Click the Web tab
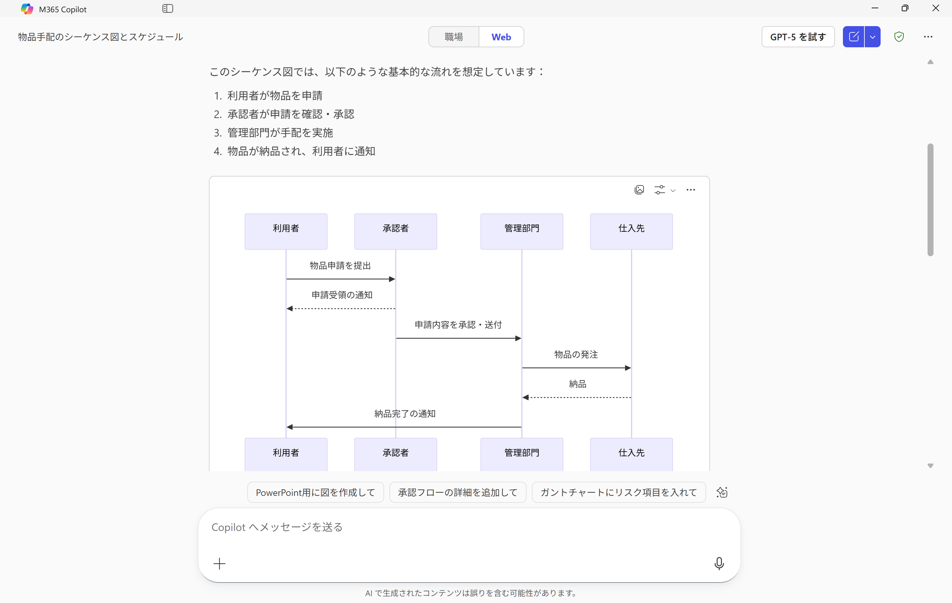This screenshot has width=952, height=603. [x=501, y=37]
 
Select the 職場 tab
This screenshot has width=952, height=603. [x=454, y=37]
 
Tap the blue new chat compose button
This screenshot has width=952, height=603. [x=853, y=37]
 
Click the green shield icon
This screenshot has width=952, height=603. [x=899, y=37]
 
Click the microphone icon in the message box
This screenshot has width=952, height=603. [x=719, y=563]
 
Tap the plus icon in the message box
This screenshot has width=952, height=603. [x=219, y=563]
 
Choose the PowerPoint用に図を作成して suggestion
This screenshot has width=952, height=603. [x=315, y=492]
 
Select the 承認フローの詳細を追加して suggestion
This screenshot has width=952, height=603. [x=457, y=492]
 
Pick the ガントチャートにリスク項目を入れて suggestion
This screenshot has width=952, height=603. [x=618, y=492]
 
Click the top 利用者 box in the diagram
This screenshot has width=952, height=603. [x=286, y=231]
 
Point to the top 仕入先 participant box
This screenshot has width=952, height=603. [x=631, y=231]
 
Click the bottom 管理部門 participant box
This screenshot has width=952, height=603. [x=522, y=453]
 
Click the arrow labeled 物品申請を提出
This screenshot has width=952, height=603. [x=340, y=279]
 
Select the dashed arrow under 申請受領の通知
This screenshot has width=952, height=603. [x=340, y=308]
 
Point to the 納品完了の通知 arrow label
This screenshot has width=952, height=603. [x=405, y=414]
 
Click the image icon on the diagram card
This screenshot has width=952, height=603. [x=639, y=190]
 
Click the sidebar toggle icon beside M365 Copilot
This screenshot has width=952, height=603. [x=168, y=9]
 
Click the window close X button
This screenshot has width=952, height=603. [x=935, y=8]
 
